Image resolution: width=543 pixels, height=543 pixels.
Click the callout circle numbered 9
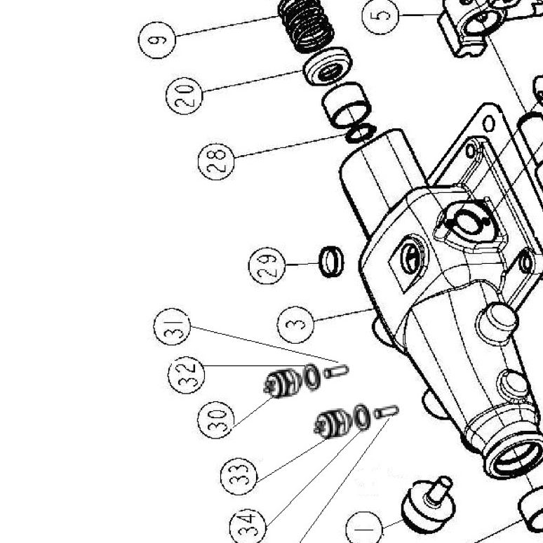click(157, 40)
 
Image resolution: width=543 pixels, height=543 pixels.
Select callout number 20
click(185, 96)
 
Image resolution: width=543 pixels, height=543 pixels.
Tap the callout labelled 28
click(217, 162)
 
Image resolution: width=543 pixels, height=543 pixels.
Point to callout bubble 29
click(267, 266)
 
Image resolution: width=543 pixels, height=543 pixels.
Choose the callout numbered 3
click(296, 325)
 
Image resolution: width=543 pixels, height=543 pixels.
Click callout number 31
click(172, 326)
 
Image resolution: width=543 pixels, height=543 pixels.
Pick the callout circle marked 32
click(187, 375)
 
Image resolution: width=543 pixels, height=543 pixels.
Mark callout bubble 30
click(216, 420)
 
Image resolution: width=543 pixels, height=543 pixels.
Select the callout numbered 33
click(239, 476)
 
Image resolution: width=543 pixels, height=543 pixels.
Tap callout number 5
click(380, 15)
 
